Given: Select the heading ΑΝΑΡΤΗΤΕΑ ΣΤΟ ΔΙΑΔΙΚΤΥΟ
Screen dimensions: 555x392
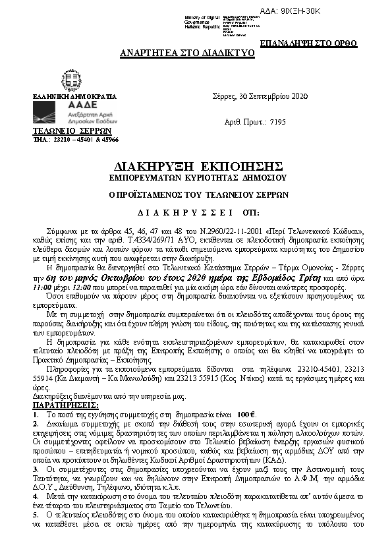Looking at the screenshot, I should [x=187, y=53].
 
